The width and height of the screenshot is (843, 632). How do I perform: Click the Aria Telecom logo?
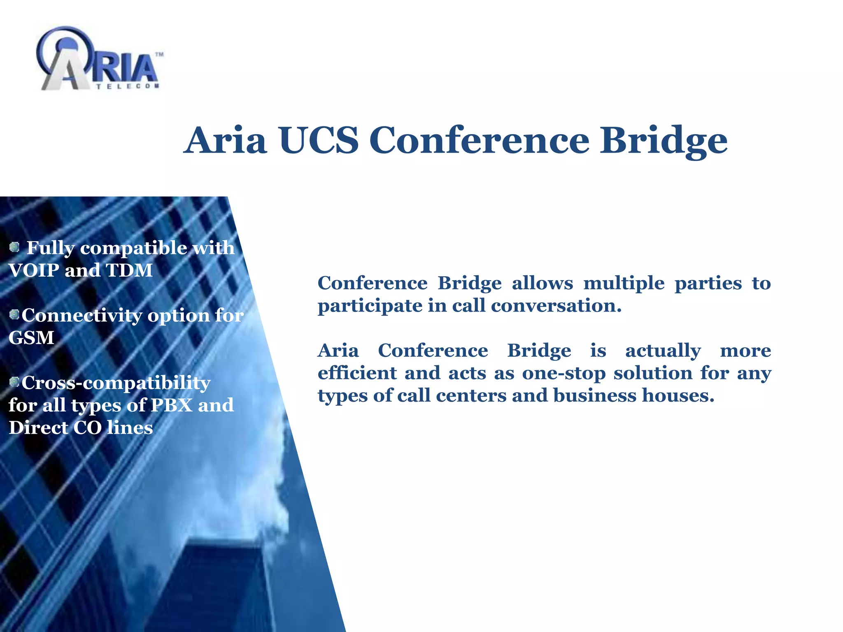99,60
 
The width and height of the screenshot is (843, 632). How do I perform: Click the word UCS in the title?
319,140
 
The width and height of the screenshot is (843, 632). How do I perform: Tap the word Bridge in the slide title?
663,141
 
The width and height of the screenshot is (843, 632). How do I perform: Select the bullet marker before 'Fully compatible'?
14,247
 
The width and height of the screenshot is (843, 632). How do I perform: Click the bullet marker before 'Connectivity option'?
14,315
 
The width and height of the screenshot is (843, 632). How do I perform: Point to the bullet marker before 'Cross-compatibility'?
14,382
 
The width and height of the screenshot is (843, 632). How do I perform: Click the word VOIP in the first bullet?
34,270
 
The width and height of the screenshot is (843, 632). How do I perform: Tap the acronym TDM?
129,270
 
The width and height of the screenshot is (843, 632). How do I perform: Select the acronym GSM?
31,338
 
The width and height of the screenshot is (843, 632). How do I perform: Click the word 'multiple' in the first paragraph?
624,283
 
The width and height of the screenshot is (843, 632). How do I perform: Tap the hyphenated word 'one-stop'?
564,373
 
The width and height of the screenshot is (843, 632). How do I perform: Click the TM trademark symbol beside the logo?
159,54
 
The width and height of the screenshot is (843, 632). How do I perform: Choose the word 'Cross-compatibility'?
116,383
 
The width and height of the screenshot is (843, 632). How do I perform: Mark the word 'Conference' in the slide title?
480,140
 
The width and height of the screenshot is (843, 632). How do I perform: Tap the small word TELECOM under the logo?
128,86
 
